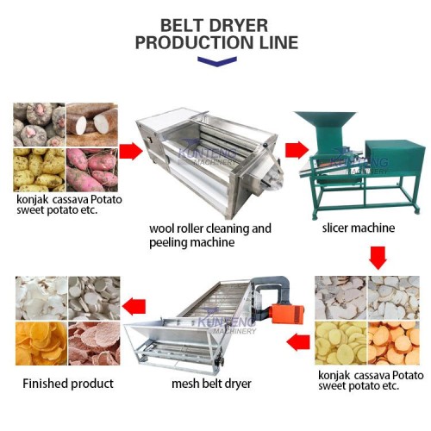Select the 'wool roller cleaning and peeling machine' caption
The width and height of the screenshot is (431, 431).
pyautogui.click(x=209, y=235)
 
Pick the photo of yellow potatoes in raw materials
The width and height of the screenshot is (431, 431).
pyautogui.click(x=39, y=170)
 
